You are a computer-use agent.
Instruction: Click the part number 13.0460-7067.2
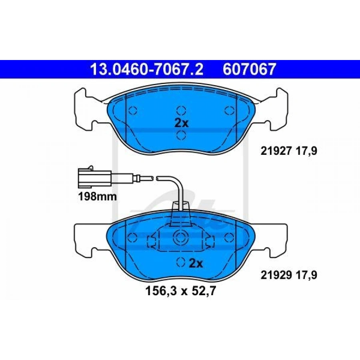coord(146,69)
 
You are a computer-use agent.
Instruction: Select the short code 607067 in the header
coord(249,69)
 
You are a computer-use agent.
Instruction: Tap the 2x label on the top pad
coord(181,123)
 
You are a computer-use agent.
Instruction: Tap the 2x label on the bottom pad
coord(196,264)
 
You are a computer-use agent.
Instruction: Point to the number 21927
coord(276,151)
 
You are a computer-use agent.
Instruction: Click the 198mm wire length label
coord(98,197)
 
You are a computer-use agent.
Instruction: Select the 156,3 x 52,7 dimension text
coord(181,292)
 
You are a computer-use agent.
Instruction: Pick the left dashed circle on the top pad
coord(133,111)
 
